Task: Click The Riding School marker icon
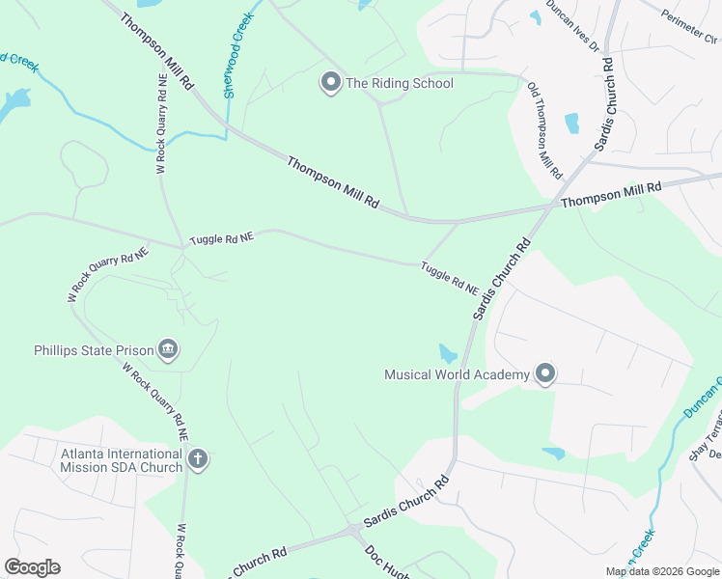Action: tap(330, 83)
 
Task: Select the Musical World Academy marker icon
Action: tap(545, 373)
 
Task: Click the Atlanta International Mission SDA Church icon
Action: tap(198, 459)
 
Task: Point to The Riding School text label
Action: tap(400, 84)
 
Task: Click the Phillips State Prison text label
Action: tap(94, 349)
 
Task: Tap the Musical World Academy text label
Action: tap(458, 374)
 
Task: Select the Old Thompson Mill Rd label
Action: tap(544, 131)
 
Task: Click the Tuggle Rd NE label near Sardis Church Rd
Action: tap(450, 278)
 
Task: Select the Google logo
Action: tap(32, 567)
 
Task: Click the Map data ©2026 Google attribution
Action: tap(662, 571)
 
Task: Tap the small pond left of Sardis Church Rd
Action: tap(448, 353)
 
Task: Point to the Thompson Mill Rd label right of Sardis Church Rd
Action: tap(611, 195)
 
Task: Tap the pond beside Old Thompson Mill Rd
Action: tap(571, 124)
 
